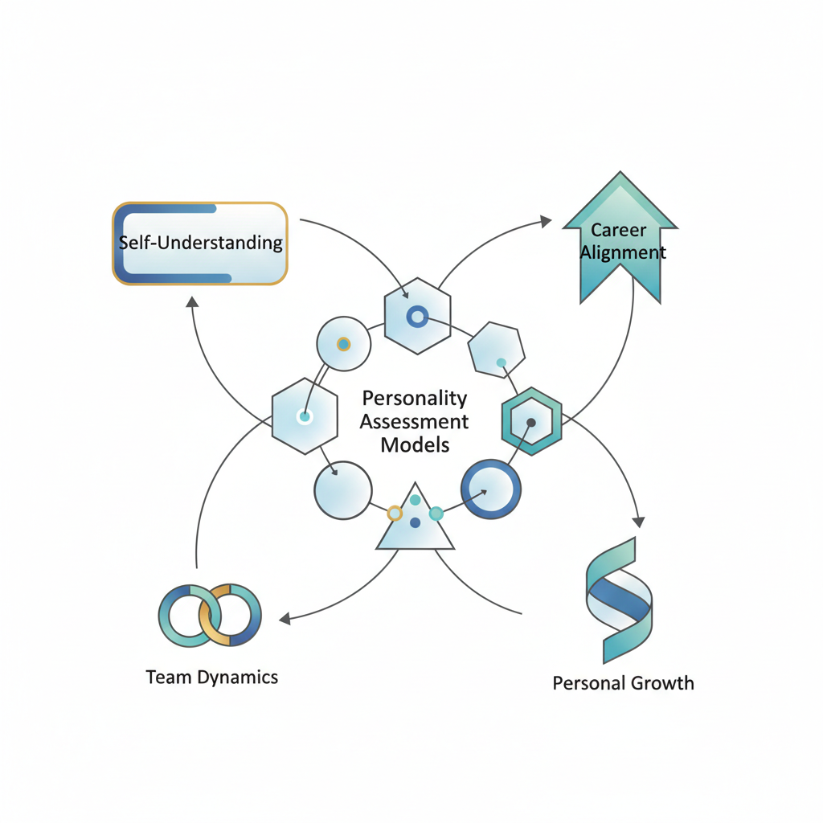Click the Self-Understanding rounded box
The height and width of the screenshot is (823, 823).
coord(200,244)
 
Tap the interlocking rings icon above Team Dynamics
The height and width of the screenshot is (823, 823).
coord(210,615)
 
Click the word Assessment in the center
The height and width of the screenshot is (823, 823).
coord(414,421)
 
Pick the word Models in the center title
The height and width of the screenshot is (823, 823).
coord(415,444)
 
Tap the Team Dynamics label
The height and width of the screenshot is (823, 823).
coord(212,677)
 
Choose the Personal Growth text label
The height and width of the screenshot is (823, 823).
coord(623,683)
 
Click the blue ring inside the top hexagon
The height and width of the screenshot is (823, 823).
coord(416,317)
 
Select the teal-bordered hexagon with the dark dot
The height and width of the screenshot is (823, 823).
coord(530,421)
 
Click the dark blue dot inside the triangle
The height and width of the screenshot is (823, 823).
coord(415,522)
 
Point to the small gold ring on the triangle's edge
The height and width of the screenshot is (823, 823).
coord(394,513)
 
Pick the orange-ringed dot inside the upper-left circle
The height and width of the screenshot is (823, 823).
coord(343,344)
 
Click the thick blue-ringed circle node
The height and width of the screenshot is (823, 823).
coord(490,489)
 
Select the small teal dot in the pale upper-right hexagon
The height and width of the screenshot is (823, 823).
coord(501,362)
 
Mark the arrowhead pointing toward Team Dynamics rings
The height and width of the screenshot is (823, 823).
coord(285,618)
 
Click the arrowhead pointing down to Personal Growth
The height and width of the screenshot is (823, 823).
coord(640,521)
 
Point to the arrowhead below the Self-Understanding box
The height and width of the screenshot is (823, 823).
coord(191,302)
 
